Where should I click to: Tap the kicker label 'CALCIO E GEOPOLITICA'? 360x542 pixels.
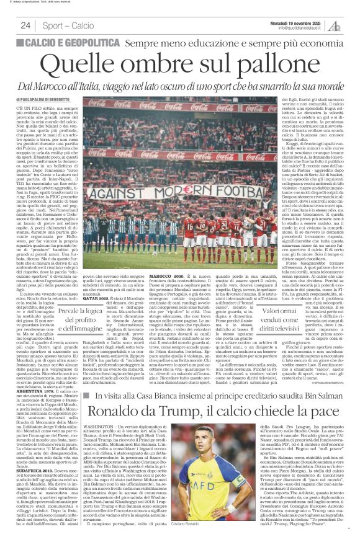click(69, 42)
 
